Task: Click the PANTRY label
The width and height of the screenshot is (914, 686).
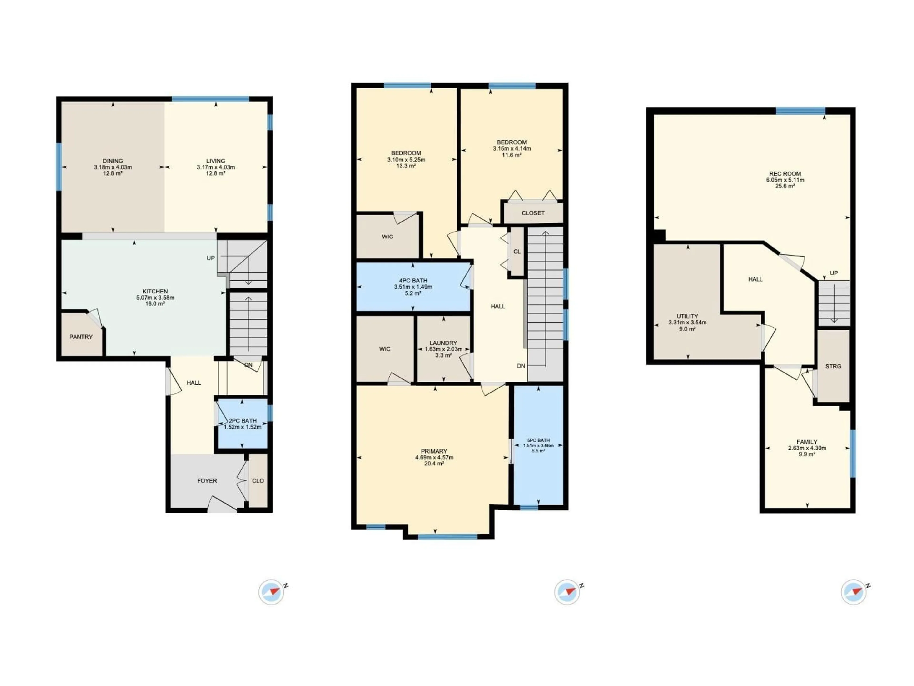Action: pos(81,337)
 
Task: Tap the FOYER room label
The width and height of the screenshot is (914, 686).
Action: pos(207,480)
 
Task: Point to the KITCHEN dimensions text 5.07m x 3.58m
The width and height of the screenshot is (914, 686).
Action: pos(155,297)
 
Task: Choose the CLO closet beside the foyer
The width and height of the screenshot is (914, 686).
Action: pos(258,480)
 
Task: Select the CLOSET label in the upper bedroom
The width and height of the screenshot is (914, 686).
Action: pos(533,213)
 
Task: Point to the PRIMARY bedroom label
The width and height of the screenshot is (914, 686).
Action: pos(434,451)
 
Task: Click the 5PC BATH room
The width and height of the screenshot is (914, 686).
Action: pos(538,445)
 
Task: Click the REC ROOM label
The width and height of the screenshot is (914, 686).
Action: pos(785,174)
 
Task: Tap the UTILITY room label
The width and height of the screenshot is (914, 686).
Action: pos(687,316)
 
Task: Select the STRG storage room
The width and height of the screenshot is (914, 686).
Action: pos(833,366)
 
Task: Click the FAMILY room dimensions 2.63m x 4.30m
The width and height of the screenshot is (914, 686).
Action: pos(807,448)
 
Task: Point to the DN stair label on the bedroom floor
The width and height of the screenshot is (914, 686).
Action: pos(521,366)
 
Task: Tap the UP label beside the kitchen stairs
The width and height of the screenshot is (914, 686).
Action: pos(211,258)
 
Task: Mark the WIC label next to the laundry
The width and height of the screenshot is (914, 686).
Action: pos(385,349)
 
